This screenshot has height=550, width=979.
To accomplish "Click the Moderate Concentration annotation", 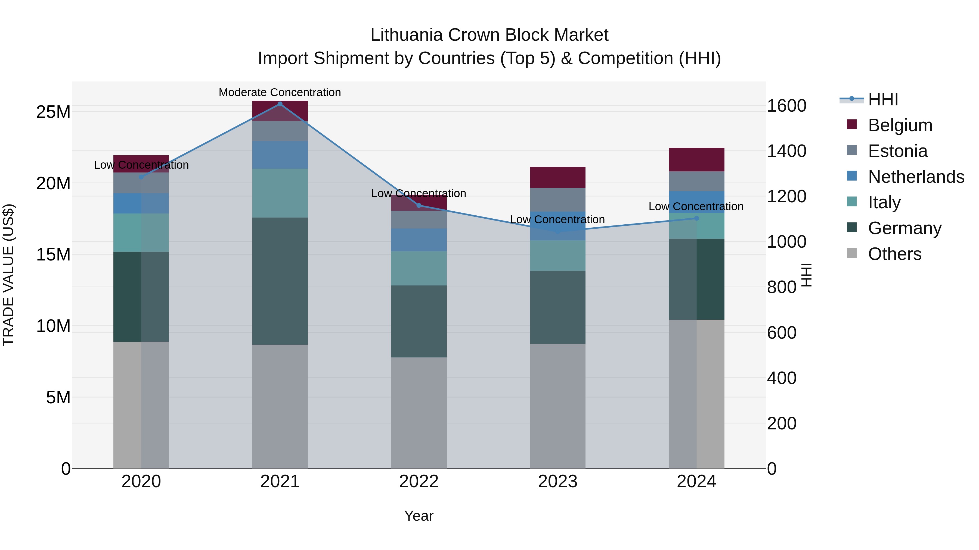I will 280,92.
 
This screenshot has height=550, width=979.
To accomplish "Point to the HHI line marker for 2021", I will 280,104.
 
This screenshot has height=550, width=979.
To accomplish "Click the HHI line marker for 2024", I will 697,218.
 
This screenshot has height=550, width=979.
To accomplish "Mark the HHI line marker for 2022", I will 419,205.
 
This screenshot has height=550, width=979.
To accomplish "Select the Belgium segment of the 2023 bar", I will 557,177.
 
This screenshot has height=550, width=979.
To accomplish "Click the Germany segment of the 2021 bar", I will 280,281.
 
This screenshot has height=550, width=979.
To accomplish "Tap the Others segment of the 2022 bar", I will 419,413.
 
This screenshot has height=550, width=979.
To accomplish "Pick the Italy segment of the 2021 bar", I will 280,193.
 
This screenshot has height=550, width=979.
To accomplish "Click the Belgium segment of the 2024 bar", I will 697,159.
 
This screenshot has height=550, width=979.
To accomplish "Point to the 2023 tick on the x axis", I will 557,482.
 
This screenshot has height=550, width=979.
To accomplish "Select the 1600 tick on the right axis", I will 786,106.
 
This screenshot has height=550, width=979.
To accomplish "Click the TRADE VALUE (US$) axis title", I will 8,275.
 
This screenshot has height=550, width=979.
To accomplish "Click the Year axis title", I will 419,516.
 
